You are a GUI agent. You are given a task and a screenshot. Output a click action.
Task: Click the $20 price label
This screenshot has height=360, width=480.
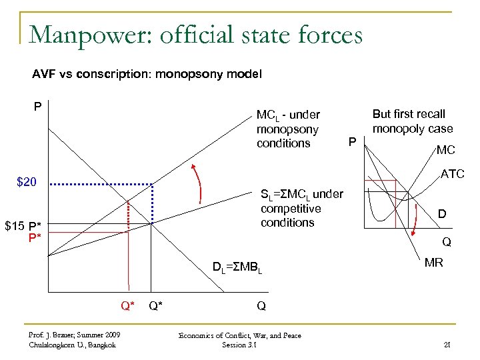point(29,182)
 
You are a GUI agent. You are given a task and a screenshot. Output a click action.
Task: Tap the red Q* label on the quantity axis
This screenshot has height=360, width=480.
point(127,306)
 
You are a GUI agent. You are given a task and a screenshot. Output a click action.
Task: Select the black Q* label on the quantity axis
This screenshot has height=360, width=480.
point(158,306)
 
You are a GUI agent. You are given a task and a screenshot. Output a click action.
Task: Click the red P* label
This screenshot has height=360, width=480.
point(35,237)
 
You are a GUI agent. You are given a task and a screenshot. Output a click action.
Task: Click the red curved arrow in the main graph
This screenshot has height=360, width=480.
point(197,181)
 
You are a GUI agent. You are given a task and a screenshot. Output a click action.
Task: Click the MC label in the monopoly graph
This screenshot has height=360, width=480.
point(447,151)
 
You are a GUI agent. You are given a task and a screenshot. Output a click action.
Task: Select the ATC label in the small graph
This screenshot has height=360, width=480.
point(452,175)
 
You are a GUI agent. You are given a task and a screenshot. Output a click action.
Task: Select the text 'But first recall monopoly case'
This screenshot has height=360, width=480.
point(412,121)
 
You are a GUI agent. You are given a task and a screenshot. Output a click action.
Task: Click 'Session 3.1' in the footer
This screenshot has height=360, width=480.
point(240,345)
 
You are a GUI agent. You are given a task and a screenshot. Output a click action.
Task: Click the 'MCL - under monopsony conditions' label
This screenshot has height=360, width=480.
point(288,129)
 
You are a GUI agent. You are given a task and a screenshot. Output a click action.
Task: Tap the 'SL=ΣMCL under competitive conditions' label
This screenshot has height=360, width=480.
point(301,208)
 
